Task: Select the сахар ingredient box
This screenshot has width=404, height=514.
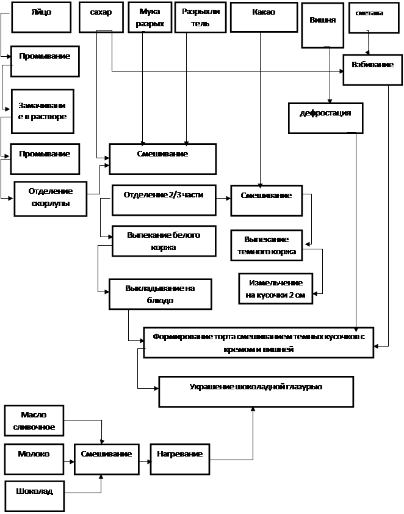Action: [x=101, y=17]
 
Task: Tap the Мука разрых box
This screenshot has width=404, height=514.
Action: [x=149, y=17]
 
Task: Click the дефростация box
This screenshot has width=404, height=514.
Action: [x=325, y=117]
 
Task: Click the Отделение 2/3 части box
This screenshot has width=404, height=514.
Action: [x=164, y=199]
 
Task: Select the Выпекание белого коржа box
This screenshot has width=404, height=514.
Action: [x=164, y=241]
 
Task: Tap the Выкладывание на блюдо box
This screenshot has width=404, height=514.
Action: [x=160, y=294]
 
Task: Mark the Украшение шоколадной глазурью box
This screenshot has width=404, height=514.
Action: [x=256, y=391]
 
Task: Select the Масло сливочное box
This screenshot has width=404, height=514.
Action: [x=34, y=420]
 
